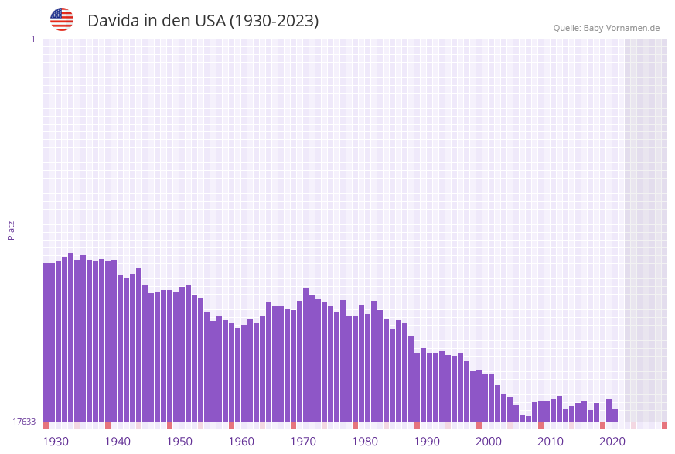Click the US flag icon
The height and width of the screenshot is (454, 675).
62,19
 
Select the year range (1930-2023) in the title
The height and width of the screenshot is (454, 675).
274,21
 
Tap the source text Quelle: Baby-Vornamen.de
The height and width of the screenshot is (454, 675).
606,28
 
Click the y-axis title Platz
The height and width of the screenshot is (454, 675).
11,230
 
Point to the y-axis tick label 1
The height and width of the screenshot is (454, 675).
32,39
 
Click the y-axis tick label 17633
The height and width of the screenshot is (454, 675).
24,422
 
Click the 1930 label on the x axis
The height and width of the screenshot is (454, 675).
56,442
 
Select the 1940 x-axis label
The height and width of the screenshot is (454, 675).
118,442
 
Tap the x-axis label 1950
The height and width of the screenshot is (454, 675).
179,442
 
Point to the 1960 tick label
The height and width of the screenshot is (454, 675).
241,442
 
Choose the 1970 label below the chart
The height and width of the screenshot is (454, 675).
303,442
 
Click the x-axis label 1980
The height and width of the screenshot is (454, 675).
365,442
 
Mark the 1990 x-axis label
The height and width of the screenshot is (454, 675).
427,442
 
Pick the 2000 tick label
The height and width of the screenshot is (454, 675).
489,442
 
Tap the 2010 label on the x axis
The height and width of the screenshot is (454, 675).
551,442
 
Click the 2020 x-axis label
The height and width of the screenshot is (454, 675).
612,442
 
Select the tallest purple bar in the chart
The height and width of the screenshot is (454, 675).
70,337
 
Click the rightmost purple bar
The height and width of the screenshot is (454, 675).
615,415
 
